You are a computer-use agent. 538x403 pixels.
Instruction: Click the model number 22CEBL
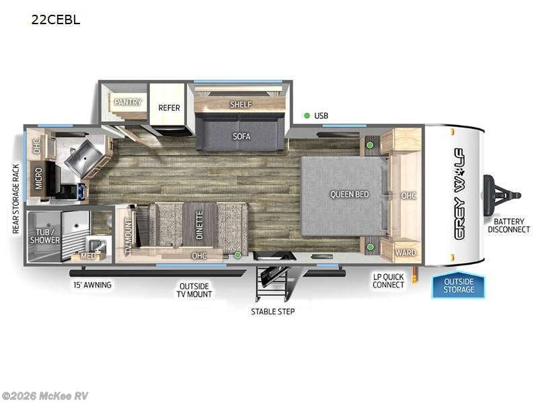tap(55, 19)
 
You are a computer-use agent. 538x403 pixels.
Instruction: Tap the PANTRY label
tap(126, 101)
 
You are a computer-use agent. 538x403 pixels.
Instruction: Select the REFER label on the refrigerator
tap(169, 107)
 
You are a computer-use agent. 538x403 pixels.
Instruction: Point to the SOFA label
tap(241, 136)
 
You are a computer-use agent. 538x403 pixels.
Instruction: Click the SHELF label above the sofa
tap(241, 104)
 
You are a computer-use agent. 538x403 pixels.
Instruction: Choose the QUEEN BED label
tap(349, 194)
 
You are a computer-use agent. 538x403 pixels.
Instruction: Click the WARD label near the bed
tap(405, 253)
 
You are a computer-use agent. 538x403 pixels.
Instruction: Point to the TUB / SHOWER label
tap(48, 235)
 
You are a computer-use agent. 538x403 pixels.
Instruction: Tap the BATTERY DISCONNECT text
tap(511, 225)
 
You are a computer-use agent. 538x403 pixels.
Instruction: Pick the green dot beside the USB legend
tap(307, 116)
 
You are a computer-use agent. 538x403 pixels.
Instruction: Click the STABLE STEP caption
tap(272, 311)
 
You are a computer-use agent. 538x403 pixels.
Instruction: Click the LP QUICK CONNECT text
tap(389, 280)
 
